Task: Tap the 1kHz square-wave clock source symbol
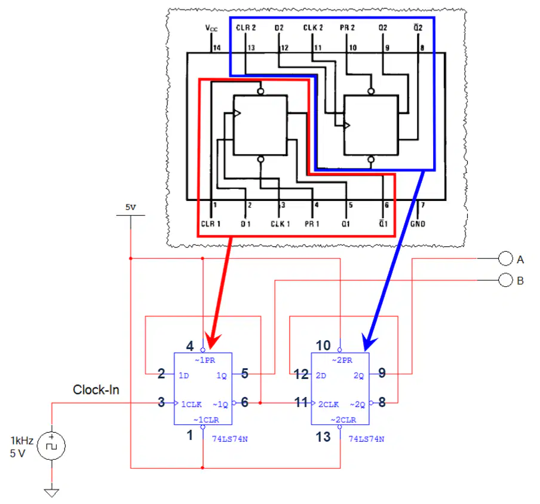(x=51, y=446)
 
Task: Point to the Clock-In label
(x=96, y=390)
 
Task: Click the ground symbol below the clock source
(x=51, y=493)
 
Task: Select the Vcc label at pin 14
(x=211, y=28)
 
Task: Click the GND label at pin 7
(x=418, y=224)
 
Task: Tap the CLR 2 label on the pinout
(x=246, y=28)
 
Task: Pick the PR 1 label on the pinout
(x=312, y=224)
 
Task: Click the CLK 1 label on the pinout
(x=280, y=224)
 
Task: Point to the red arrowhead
(x=212, y=341)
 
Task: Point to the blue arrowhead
(x=369, y=343)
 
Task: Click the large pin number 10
(x=323, y=346)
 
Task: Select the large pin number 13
(x=323, y=437)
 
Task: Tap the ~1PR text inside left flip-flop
(x=205, y=361)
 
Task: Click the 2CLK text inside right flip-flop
(x=329, y=404)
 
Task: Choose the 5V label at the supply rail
(x=131, y=207)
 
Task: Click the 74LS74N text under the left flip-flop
(x=230, y=439)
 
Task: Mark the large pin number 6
(x=244, y=402)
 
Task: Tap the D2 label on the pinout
(x=279, y=28)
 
